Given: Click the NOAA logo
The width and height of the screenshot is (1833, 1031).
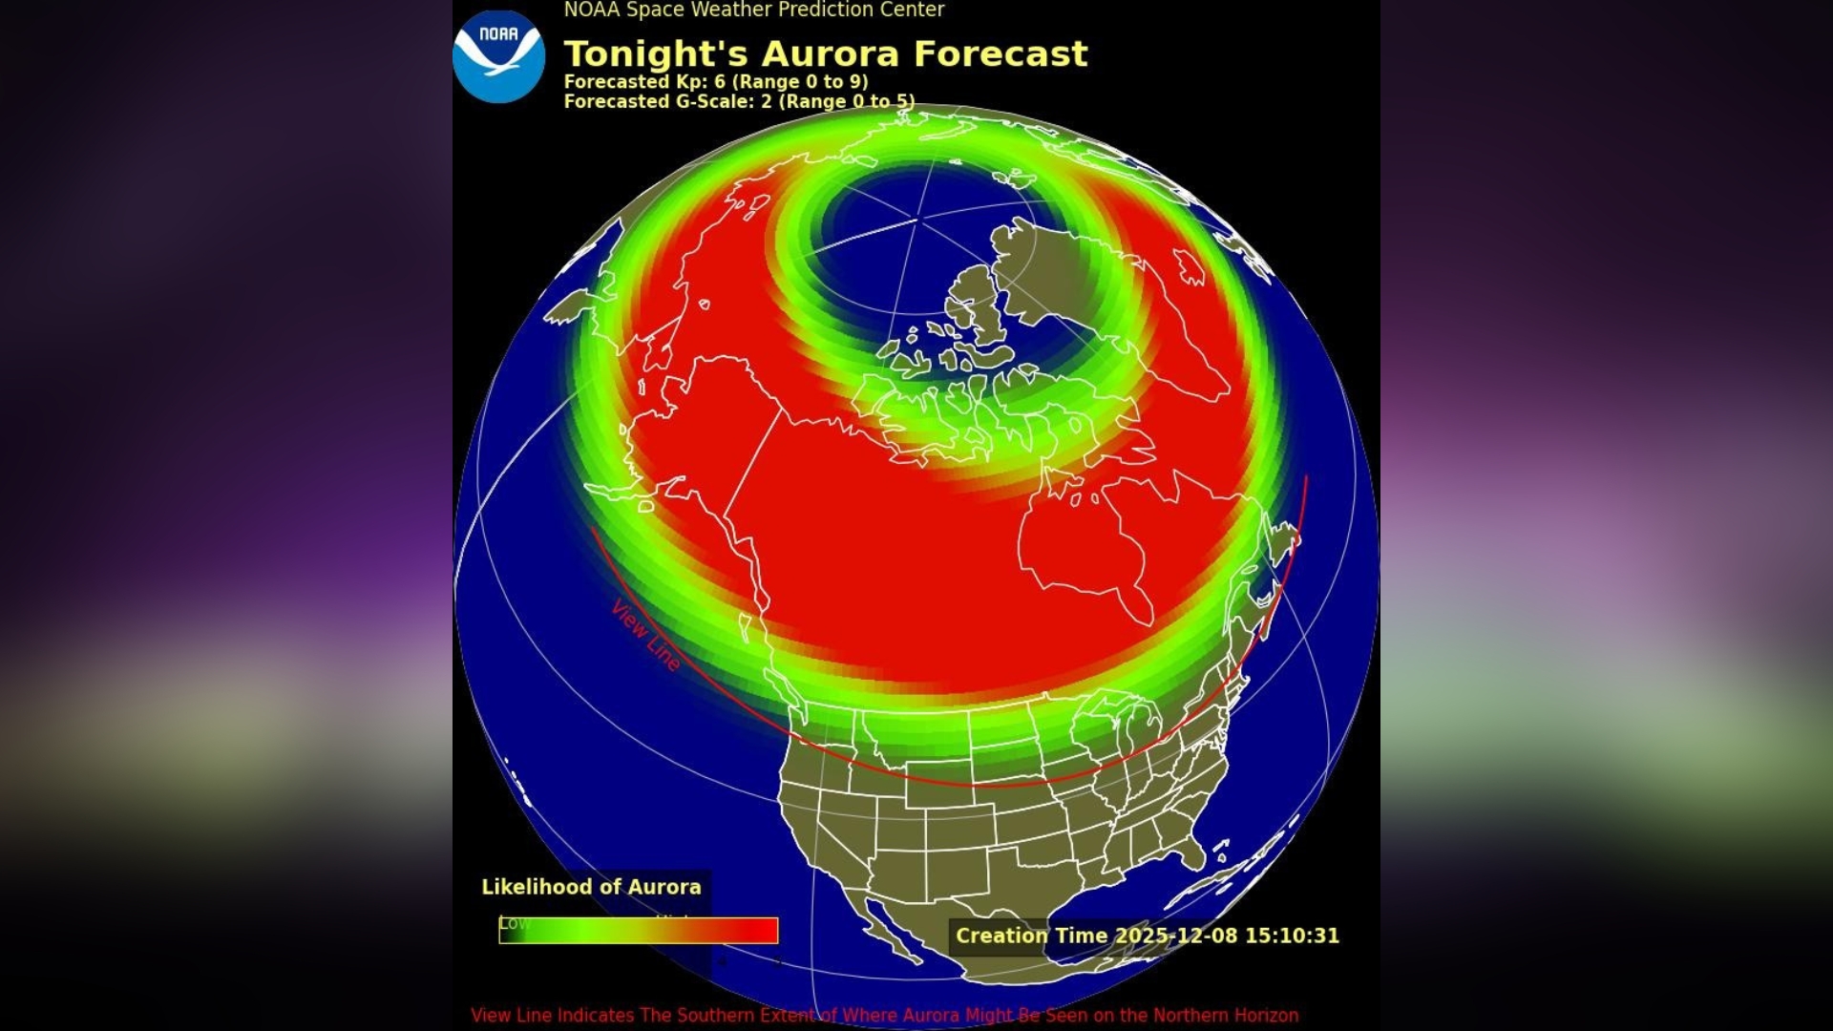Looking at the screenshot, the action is [x=498, y=56].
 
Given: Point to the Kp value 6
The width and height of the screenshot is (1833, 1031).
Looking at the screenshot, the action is [x=720, y=82].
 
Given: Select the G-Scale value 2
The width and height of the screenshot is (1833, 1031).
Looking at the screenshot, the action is [x=766, y=101].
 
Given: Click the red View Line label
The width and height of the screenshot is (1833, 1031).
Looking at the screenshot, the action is [x=646, y=635].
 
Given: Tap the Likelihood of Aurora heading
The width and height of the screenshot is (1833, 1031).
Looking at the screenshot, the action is [x=591, y=887].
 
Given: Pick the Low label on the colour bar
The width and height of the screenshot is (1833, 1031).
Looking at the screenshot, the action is [x=514, y=923].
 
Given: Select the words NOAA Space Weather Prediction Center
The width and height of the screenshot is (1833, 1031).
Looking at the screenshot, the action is [x=753, y=11].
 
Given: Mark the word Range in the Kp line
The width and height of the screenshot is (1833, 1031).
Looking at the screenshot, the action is [x=768, y=82].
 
